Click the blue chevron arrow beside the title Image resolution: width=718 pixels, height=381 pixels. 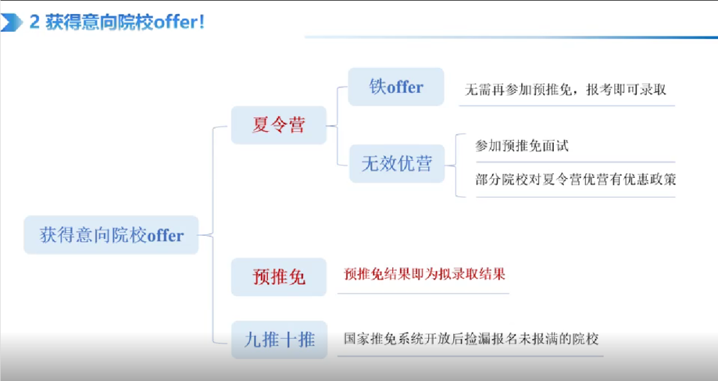(x=11, y=23)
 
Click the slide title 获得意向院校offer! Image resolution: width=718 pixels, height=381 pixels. (x=124, y=22)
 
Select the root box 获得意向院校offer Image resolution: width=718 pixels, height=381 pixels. (x=111, y=234)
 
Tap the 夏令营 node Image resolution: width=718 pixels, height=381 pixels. (x=279, y=125)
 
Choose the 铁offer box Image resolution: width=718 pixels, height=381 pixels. (x=396, y=87)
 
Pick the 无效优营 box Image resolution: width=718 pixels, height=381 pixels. (x=397, y=164)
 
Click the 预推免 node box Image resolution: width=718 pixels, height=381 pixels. (x=279, y=277)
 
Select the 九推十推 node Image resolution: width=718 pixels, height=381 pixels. (x=279, y=340)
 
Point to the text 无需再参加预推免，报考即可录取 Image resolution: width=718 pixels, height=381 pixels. (x=566, y=90)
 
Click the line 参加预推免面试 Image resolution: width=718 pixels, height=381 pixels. (x=522, y=146)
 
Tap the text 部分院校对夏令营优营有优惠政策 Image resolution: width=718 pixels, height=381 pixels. (x=576, y=179)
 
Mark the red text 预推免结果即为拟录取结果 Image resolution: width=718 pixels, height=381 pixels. (x=424, y=274)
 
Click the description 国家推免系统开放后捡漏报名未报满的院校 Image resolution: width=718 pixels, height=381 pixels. (x=471, y=339)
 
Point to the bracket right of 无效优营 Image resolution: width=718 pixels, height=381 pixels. (x=456, y=165)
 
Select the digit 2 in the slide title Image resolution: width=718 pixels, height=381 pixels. (x=35, y=22)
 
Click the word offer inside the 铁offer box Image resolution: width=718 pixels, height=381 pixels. (x=406, y=87)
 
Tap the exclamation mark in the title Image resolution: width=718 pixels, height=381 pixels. (x=201, y=22)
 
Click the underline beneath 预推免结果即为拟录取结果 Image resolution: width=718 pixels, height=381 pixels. (x=423, y=293)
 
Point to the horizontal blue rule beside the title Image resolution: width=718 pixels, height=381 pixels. (x=511, y=37)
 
